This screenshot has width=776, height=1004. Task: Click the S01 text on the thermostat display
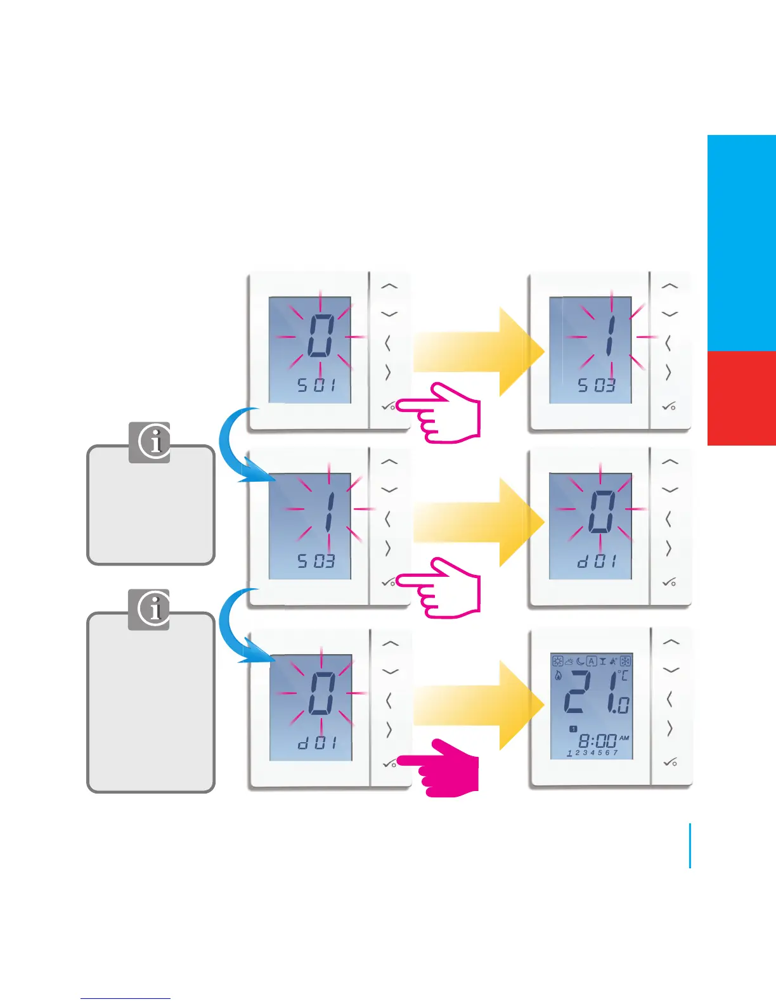pyautogui.click(x=316, y=385)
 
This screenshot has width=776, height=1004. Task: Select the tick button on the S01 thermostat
pyautogui.click(x=388, y=406)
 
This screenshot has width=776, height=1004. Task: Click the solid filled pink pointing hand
pyautogui.click(x=441, y=768)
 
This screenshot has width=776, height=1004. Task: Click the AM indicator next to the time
pyautogui.click(x=624, y=738)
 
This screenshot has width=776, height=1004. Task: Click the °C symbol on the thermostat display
pyautogui.click(x=623, y=676)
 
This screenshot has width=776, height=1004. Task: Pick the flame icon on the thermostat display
pyautogui.click(x=559, y=676)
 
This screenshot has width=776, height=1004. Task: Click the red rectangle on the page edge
pyautogui.click(x=741, y=398)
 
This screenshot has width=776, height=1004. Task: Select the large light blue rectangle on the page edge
pyautogui.click(x=741, y=243)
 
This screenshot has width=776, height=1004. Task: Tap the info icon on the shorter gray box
pyautogui.click(x=150, y=442)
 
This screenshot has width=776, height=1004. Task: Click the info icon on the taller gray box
pyautogui.click(x=149, y=610)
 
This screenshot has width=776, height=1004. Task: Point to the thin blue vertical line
pyautogui.click(x=690, y=846)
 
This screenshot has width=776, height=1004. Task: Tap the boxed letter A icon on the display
pyautogui.click(x=592, y=661)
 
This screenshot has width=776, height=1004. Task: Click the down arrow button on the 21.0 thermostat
pyautogui.click(x=670, y=670)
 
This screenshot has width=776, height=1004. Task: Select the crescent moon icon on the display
pyautogui.click(x=579, y=661)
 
